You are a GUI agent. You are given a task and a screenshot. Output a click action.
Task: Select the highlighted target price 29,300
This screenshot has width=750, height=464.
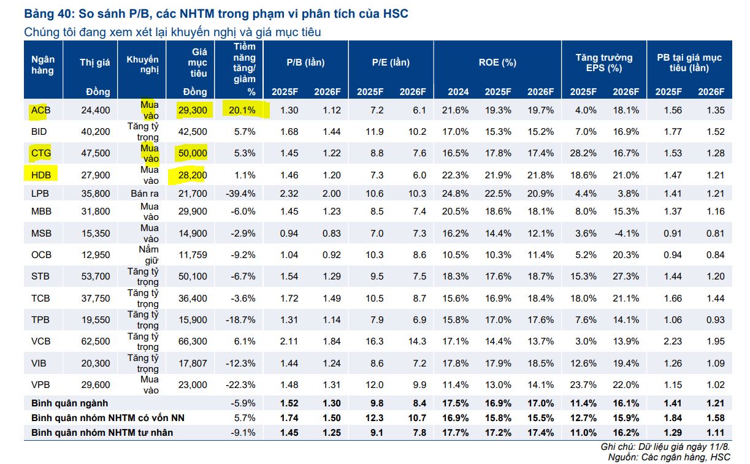click(x=194, y=110)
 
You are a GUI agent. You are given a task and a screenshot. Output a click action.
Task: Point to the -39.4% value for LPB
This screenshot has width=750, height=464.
click(x=242, y=194)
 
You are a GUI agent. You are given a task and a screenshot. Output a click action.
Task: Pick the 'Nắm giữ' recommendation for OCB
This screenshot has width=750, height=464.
click(x=148, y=254)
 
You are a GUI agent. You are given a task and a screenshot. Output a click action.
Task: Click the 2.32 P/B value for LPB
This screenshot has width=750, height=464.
click(x=289, y=194)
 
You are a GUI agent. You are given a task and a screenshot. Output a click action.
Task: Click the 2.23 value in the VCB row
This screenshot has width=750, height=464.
click(x=672, y=341)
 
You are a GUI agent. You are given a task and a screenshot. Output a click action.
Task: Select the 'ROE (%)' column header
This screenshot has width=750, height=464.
click(x=497, y=63)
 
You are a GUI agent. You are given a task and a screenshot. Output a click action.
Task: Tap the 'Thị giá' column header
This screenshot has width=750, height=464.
click(x=94, y=63)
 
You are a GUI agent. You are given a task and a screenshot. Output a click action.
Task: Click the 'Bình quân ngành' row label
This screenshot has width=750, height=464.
click(x=69, y=403)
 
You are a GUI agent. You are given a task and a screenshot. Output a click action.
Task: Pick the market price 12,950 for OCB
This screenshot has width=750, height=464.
click(x=96, y=254)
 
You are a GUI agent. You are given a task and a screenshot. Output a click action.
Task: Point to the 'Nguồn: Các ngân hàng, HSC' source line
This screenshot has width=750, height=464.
click(x=669, y=457)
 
